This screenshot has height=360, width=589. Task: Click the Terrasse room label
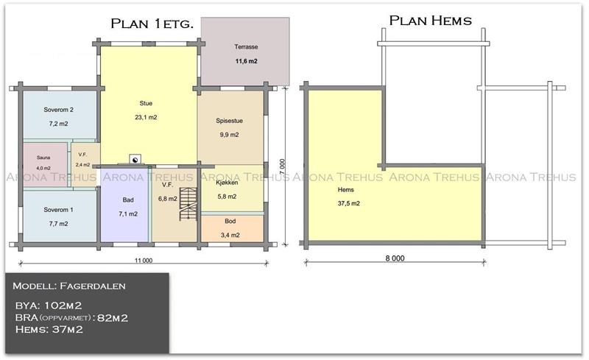[246, 47]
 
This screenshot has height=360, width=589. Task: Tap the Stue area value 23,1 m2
[146, 117]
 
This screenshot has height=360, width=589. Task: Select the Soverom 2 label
[59, 110]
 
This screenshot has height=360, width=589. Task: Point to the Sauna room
[46, 165]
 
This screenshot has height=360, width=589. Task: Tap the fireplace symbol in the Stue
[135, 160]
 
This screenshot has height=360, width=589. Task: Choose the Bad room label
[128, 200]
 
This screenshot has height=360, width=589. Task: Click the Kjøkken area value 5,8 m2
[227, 197]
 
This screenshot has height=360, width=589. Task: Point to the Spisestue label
[229, 121]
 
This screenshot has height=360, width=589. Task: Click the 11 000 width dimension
[144, 261]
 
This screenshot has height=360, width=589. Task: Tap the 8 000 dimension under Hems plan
[395, 258]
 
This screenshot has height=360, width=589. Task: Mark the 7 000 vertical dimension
[283, 167]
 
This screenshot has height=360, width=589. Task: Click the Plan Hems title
[431, 21]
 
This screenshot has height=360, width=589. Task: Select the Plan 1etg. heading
[152, 24]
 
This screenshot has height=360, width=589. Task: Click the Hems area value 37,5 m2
[348, 203]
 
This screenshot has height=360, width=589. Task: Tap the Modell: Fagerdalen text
[69, 286]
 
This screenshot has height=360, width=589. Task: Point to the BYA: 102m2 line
[49, 306]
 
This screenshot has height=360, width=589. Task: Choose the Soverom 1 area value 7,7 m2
[59, 224]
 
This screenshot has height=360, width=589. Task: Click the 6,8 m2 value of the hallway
[168, 199]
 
